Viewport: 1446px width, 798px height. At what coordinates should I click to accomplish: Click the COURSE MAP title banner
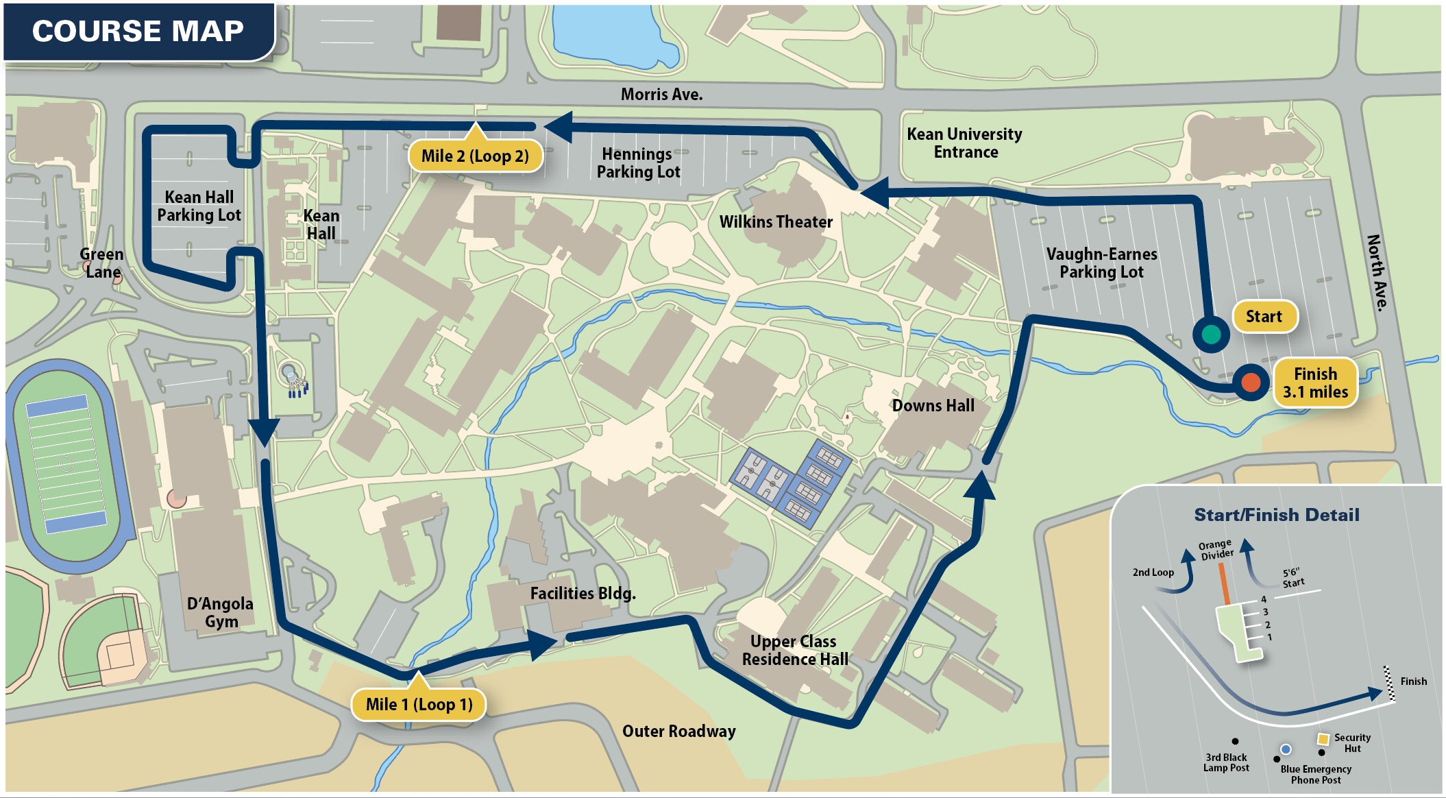click(x=138, y=32)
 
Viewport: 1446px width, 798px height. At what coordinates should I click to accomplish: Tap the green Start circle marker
click(x=1211, y=334)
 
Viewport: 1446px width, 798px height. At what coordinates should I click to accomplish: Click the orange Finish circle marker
click(x=1251, y=382)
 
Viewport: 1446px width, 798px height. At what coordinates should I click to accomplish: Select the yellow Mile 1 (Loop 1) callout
click(x=419, y=704)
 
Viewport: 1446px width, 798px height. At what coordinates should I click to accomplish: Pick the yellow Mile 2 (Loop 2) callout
click(x=475, y=156)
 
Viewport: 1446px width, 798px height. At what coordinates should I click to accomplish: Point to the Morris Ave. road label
click(x=661, y=95)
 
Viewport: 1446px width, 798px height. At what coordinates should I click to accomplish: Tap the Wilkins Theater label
click(x=776, y=221)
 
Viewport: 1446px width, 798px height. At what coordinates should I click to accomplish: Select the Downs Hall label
click(x=933, y=405)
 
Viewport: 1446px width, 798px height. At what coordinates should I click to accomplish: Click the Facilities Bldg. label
click(x=583, y=593)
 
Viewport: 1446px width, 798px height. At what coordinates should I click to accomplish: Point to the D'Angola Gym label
click(x=221, y=612)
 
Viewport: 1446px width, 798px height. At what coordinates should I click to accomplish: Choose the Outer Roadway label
click(x=678, y=731)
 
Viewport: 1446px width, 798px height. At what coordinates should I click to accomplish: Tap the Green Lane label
click(x=101, y=263)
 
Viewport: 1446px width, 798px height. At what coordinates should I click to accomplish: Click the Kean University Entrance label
click(x=964, y=143)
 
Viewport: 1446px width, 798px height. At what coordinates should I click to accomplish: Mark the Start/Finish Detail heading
click(x=1276, y=515)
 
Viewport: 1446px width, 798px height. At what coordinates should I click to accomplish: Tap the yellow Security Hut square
click(x=1323, y=739)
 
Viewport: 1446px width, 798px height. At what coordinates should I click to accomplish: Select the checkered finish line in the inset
click(x=1389, y=684)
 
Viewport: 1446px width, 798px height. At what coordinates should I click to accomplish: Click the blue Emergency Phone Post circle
click(x=1286, y=749)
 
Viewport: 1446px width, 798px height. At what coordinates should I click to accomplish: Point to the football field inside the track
click(x=66, y=464)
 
